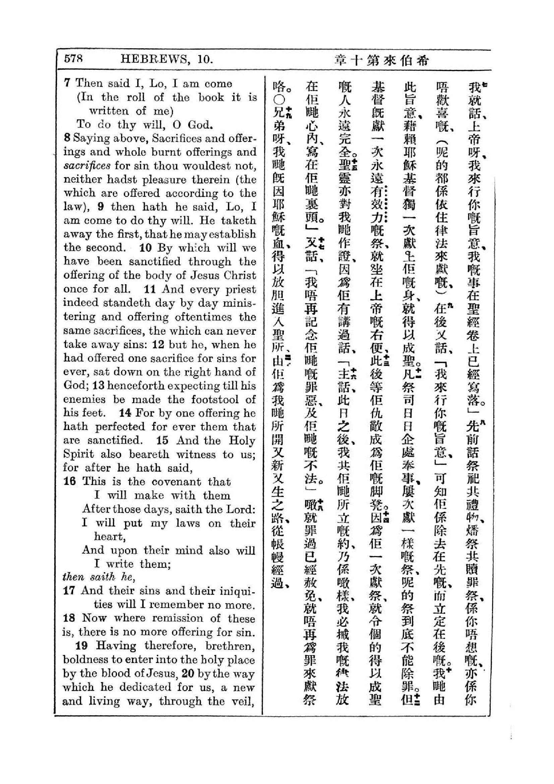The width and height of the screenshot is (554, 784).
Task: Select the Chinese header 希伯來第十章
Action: (381, 60)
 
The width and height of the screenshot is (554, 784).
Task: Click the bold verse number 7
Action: (67, 83)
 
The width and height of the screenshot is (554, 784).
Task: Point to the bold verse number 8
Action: (67, 138)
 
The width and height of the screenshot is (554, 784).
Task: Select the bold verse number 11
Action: (150, 289)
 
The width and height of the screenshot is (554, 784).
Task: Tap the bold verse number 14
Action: (125, 413)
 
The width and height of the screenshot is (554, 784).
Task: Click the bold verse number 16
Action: (69, 481)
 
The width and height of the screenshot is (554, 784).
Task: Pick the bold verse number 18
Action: (69, 618)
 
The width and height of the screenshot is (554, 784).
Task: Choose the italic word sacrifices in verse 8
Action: (87, 166)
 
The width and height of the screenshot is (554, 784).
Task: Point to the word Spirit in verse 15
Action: (78, 454)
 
